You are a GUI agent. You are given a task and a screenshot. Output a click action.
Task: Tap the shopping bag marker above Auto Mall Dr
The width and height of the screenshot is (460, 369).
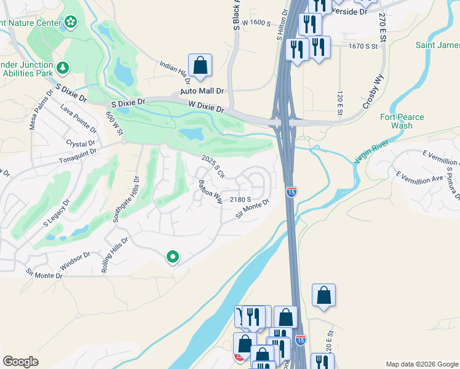(x=200, y=65)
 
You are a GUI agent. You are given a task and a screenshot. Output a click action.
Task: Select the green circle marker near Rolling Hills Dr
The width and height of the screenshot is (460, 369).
(x=173, y=257)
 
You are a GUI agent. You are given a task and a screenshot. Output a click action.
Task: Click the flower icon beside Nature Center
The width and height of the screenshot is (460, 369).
(x=71, y=23)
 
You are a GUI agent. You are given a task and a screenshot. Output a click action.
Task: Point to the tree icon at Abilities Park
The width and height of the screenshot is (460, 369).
(x=62, y=67)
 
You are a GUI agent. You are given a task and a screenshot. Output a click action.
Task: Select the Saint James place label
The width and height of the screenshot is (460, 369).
(x=437, y=46)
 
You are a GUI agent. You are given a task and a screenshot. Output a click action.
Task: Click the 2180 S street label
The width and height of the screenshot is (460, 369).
(x=240, y=199)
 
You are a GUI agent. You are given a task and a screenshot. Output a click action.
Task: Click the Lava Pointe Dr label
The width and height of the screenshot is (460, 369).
(x=78, y=119)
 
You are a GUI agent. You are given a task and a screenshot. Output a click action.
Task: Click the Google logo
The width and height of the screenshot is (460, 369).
(x=20, y=362)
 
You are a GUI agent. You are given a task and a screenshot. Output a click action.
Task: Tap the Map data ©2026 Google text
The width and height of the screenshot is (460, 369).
(x=421, y=364)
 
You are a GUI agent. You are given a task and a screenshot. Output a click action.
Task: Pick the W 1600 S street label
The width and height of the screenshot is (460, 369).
(x=256, y=22)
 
